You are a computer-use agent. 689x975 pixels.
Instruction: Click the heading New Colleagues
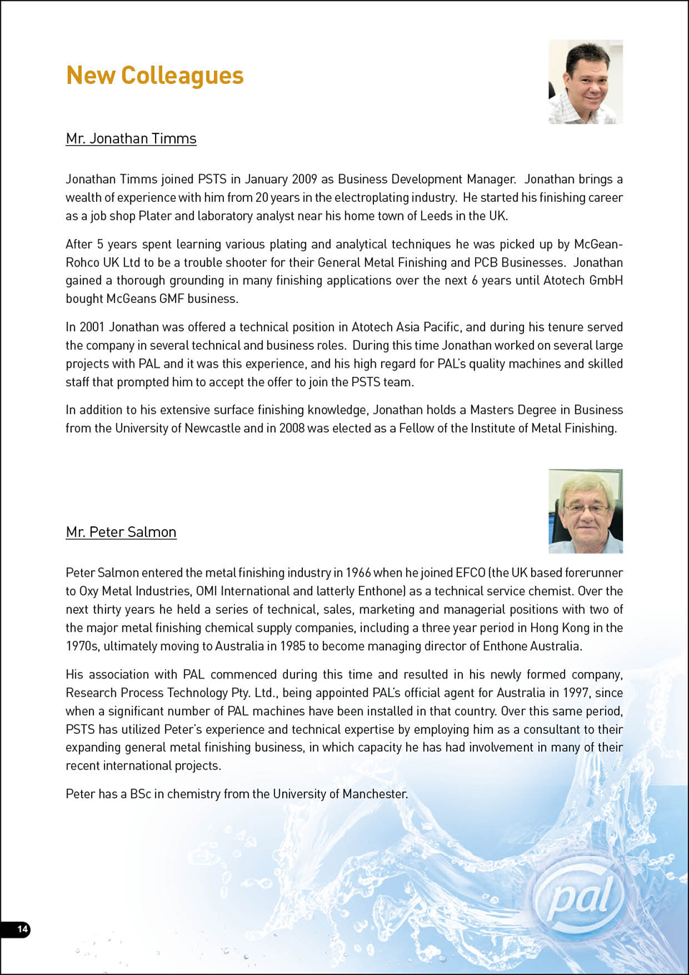[x=154, y=75]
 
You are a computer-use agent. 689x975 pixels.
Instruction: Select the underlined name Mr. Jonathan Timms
[x=131, y=139]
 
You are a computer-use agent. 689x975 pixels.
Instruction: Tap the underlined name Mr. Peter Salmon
[x=121, y=532]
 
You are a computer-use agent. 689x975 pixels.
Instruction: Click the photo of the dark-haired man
[x=586, y=82]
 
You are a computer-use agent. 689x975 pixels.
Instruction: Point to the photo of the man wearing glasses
[x=586, y=511]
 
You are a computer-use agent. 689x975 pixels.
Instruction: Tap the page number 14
[x=22, y=929]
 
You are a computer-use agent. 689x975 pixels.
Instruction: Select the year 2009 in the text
[x=304, y=179]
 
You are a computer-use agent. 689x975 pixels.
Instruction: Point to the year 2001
[x=92, y=327]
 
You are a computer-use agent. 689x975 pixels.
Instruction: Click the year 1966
[x=358, y=573]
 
